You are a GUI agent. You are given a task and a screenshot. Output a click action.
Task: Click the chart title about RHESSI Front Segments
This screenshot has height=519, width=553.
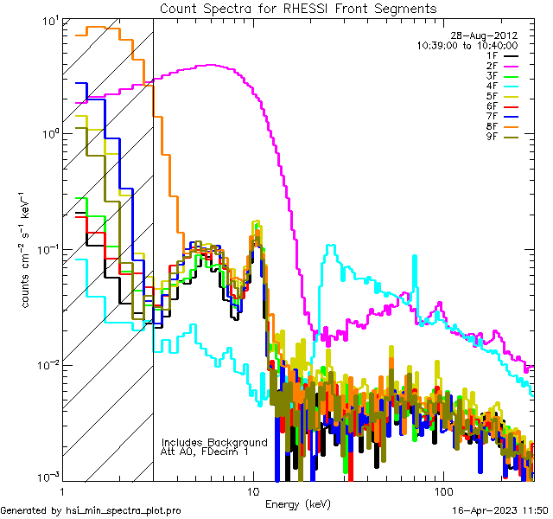(x=298, y=8)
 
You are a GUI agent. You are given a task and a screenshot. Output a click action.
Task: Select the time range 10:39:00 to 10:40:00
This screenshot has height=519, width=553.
(x=480, y=46)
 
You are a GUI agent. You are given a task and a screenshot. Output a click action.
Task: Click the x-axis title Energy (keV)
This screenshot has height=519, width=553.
(x=297, y=504)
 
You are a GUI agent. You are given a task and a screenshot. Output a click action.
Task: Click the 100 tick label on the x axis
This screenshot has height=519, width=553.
(x=443, y=490)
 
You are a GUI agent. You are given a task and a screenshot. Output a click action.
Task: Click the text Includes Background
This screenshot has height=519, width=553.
(x=214, y=443)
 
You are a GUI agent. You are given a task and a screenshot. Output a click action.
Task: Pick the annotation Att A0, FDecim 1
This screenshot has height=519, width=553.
(x=206, y=452)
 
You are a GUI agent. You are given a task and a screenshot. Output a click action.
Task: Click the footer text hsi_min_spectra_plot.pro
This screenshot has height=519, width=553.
(x=124, y=511)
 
